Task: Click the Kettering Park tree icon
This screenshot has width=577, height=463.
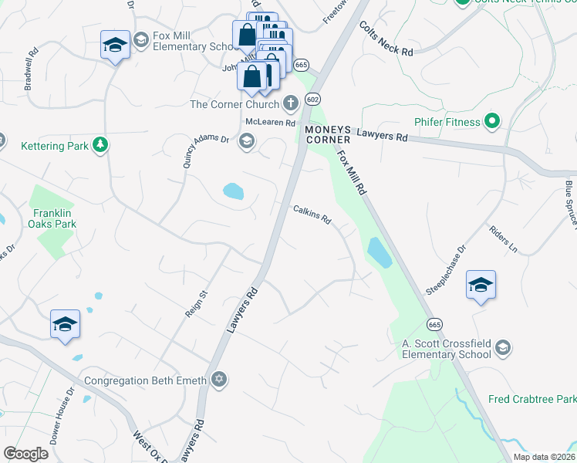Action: [x=100, y=144]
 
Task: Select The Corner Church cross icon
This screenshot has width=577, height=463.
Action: [x=291, y=103]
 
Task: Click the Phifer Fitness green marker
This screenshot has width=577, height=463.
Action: [x=491, y=121]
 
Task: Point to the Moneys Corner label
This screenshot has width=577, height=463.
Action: [x=329, y=134]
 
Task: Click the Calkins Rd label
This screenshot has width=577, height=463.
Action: [x=312, y=215]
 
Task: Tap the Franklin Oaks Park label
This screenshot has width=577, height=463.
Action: [x=54, y=218]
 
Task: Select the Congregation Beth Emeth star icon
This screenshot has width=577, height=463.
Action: [x=219, y=379]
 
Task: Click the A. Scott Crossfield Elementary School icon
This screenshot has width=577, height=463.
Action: [x=503, y=348]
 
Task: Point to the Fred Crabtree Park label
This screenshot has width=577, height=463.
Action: [x=532, y=400]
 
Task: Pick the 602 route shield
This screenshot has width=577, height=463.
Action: [x=312, y=99]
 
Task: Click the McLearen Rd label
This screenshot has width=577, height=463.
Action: [x=271, y=123]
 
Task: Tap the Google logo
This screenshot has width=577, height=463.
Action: [x=25, y=453]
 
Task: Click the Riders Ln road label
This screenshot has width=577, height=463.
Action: [x=503, y=239]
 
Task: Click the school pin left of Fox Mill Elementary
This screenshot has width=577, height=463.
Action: [x=115, y=46]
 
